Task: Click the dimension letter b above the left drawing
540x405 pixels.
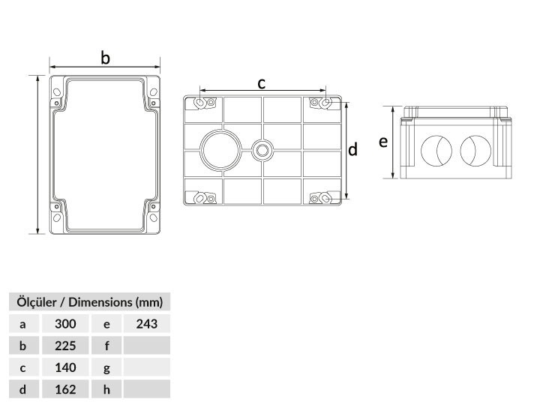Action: coord(106,58)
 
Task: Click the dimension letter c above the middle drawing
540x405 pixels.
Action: coord(262,84)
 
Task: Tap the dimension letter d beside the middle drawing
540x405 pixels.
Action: coord(352,149)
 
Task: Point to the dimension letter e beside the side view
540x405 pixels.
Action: coord(383,142)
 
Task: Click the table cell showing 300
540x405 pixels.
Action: coord(65,324)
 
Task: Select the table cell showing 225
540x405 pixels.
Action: coord(65,346)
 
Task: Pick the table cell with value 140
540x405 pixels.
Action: coord(65,367)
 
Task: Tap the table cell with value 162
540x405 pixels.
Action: coord(65,389)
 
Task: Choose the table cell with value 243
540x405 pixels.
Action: coord(147,324)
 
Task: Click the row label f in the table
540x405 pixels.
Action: coord(106,346)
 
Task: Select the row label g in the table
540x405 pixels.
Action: coord(106,367)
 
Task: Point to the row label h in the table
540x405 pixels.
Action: coord(106,389)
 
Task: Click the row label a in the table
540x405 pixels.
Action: coord(22,324)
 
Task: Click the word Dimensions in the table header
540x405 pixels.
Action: coord(100,302)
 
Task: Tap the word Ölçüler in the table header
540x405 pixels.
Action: coord(37,301)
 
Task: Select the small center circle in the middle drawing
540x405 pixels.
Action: coord(262,150)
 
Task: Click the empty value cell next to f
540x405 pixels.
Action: coord(147,346)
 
